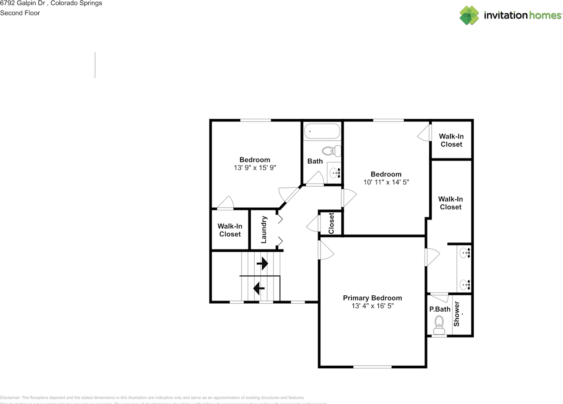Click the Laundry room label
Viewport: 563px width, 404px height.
pos(264,229)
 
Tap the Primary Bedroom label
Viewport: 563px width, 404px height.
pos(372,298)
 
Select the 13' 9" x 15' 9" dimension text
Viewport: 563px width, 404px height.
pos(255,168)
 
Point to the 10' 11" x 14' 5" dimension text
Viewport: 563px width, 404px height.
pos(386,182)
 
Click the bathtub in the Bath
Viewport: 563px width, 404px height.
pos(322,131)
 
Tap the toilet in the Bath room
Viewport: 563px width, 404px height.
pos(331,151)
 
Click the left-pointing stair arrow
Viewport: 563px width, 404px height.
pos(259,289)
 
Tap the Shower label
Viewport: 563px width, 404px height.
pos(457,313)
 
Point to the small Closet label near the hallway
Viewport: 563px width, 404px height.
pos(331,223)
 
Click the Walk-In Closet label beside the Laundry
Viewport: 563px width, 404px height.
pos(230,230)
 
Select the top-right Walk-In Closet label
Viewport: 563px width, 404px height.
pos(451,140)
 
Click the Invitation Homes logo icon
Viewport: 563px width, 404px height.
pos(469,15)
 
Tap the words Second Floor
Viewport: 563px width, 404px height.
pos(20,13)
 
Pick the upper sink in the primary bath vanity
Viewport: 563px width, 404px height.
pos(465,253)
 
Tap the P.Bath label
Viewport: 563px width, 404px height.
pos(440,309)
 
